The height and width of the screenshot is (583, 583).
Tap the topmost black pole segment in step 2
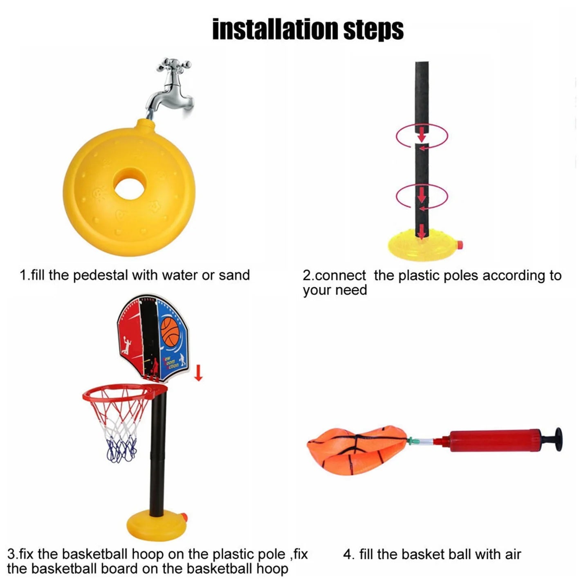pyautogui.click(x=422, y=94)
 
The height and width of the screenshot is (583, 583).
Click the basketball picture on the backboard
pyautogui.click(x=170, y=332)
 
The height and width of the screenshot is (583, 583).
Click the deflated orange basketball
pyautogui.click(x=356, y=450)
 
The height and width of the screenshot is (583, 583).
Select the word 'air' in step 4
pyautogui.click(x=513, y=554)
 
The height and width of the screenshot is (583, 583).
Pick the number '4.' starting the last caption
pyautogui.click(x=348, y=554)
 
